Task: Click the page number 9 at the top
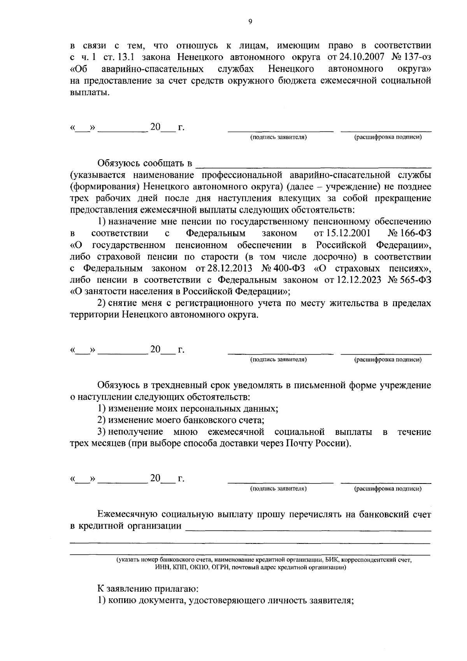(250, 22)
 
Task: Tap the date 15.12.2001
(342, 234)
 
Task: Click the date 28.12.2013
(221, 269)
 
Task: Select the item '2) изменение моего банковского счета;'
(181, 420)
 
